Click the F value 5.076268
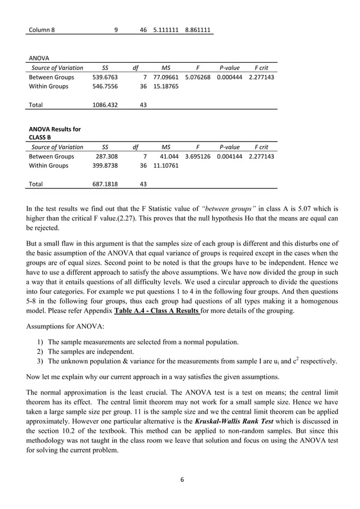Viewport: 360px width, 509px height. (197, 77)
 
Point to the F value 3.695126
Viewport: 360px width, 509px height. (197, 156)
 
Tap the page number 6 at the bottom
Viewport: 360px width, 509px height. (182, 479)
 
